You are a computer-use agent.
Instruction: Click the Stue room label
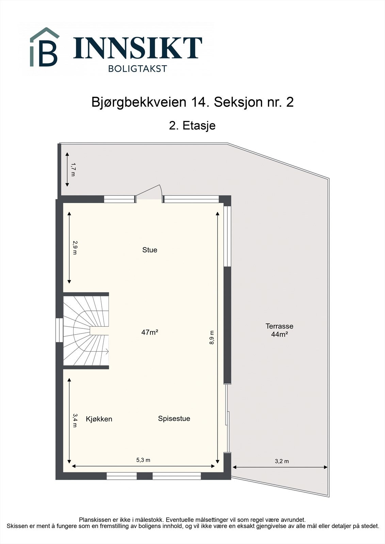(x=149, y=250)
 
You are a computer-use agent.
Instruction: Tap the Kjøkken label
(x=99, y=419)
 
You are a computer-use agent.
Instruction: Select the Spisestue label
(x=174, y=419)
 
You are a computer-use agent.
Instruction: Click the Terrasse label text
(x=279, y=326)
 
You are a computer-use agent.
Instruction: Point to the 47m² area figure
(x=150, y=332)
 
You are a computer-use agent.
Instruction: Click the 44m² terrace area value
(x=279, y=334)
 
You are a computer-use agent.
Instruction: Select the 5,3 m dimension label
(x=143, y=460)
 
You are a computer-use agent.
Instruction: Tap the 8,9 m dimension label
(x=212, y=338)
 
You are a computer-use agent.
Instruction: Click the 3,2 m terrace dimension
(x=282, y=461)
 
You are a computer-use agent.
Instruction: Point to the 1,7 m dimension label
(x=73, y=169)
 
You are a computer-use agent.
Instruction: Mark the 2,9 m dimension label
(x=75, y=248)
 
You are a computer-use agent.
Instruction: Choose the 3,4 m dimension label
(x=75, y=420)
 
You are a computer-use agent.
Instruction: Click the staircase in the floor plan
(x=86, y=331)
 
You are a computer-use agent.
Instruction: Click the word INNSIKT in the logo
(x=138, y=48)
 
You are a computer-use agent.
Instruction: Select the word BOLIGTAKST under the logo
(x=138, y=69)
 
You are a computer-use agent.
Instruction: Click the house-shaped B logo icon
(x=44, y=48)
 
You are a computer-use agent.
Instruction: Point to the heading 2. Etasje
(x=192, y=125)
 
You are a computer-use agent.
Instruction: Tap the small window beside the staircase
(x=59, y=330)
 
